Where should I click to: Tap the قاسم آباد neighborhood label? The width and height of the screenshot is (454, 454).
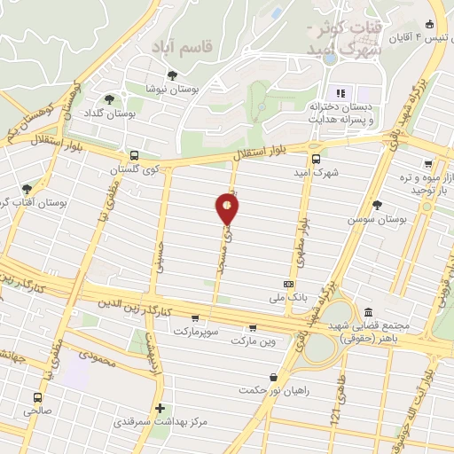pyautogui.click(x=182, y=44)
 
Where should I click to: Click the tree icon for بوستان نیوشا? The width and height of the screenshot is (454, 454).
pyautogui.click(x=172, y=75)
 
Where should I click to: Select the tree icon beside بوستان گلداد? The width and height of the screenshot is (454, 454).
pyautogui.click(x=109, y=99)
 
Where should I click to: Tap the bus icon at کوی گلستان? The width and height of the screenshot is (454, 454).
pyautogui.click(x=133, y=154)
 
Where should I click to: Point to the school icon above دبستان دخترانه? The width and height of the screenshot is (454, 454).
pyautogui.click(x=338, y=92)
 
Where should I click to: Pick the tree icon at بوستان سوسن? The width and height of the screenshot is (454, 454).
pyautogui.click(x=378, y=205)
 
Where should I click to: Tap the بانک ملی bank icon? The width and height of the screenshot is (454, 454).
pyautogui.click(x=287, y=285)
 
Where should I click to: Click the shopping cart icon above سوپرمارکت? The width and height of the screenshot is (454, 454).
pyautogui.click(x=194, y=318)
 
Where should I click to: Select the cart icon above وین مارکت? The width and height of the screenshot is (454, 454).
pyautogui.click(x=254, y=327)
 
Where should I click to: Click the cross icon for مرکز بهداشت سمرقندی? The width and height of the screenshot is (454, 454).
pyautogui.click(x=159, y=409)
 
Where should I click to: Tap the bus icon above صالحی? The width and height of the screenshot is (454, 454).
pyautogui.click(x=37, y=397)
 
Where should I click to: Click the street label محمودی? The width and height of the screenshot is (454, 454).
pyautogui.click(x=98, y=356)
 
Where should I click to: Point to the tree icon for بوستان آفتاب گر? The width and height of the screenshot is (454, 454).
pyautogui.click(x=27, y=189)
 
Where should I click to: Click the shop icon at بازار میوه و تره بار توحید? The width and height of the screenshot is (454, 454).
pyautogui.click(x=429, y=164)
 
